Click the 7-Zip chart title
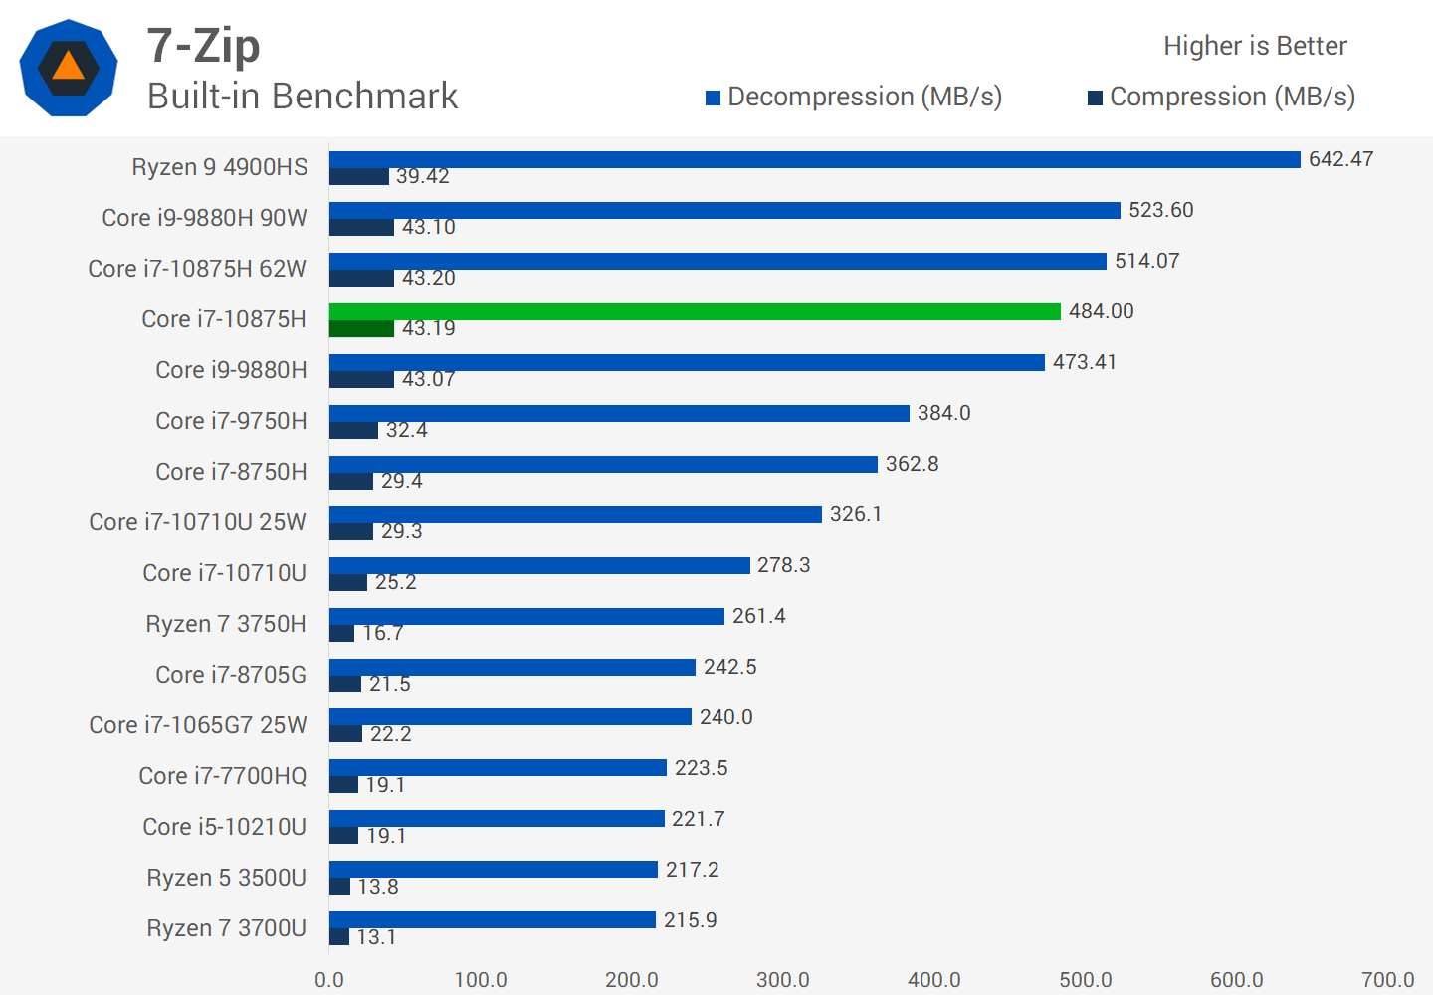tap(204, 46)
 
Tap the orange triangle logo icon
tap(68, 67)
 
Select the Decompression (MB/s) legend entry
tap(853, 97)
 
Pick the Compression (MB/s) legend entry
tap(1221, 97)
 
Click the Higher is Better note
tap(1255, 46)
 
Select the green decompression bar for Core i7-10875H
tap(695, 311)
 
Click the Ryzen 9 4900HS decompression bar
tap(814, 159)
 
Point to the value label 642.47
tap(1340, 159)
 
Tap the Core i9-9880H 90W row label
tap(204, 218)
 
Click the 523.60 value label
tap(1160, 210)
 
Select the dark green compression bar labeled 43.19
tap(361, 328)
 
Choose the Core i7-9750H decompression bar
tap(619, 413)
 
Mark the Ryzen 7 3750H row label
tap(226, 624)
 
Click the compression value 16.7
tap(382, 633)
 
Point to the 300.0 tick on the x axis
tap(782, 979)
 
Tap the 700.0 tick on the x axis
tap(1387, 979)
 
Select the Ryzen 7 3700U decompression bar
tap(492, 919)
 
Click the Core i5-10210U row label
tap(224, 827)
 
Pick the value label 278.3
tap(783, 565)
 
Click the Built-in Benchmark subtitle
tap(303, 97)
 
